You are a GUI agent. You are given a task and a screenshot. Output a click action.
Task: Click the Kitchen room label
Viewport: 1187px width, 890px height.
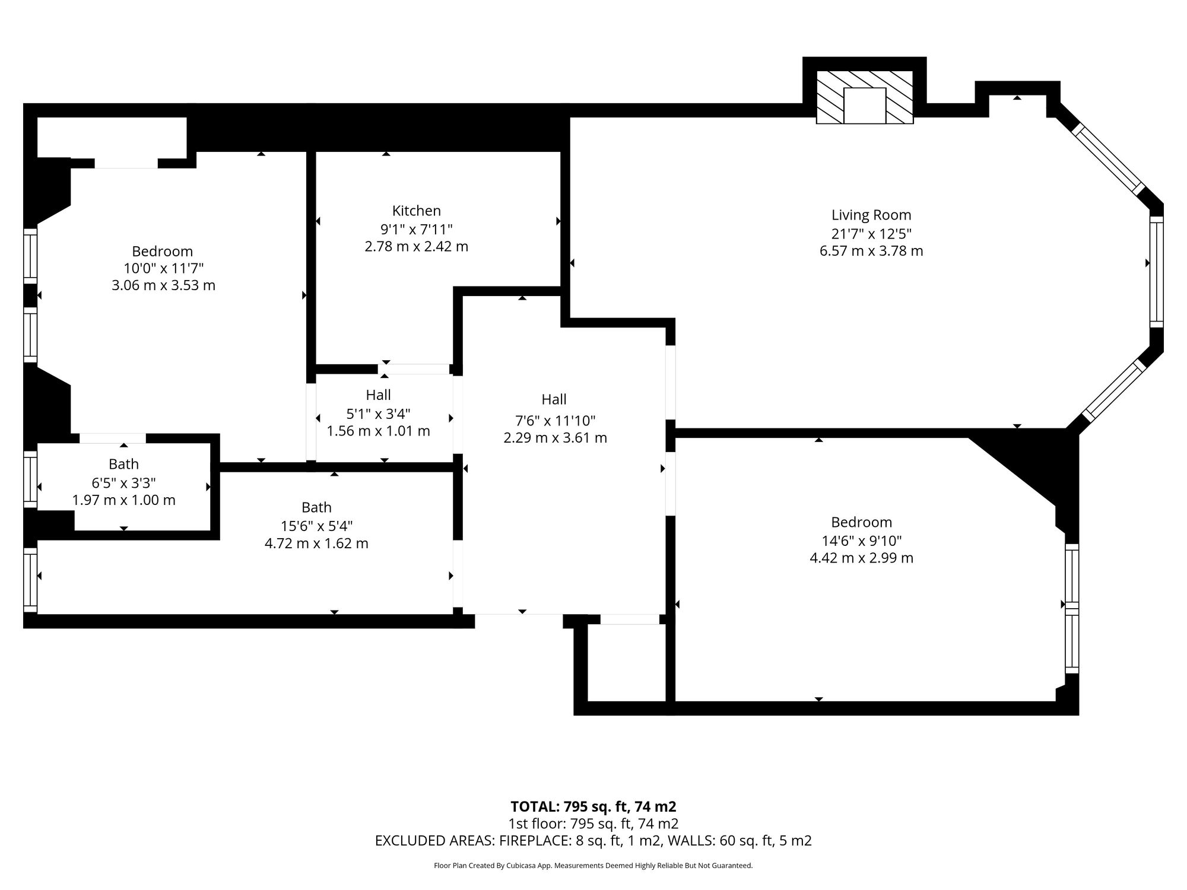(x=416, y=211)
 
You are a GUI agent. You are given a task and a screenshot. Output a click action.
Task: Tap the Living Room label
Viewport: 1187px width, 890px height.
(x=871, y=215)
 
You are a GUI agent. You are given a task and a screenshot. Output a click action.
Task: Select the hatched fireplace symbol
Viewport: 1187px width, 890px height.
(x=865, y=97)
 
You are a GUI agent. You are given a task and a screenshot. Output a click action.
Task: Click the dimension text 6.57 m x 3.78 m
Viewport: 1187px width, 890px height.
(x=871, y=251)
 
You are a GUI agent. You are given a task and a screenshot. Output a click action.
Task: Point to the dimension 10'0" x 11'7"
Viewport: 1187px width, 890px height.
(x=163, y=268)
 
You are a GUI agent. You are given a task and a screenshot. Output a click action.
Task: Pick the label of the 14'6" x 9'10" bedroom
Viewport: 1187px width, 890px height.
(x=861, y=522)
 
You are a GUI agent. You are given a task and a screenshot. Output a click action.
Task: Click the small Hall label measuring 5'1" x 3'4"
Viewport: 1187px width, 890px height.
(x=378, y=395)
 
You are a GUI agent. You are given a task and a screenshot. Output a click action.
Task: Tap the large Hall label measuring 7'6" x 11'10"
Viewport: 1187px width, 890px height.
(x=554, y=399)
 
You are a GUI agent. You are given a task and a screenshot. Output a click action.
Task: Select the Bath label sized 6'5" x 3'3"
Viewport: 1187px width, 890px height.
(x=123, y=464)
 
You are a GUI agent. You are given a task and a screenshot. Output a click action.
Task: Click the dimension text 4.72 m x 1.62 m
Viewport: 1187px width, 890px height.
(x=316, y=543)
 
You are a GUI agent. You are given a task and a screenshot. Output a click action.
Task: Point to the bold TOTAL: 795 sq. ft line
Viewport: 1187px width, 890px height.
(x=593, y=806)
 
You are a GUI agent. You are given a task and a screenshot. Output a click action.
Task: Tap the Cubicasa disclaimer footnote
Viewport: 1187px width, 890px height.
(x=593, y=866)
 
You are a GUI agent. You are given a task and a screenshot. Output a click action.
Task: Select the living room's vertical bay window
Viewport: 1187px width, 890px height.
(x=1156, y=271)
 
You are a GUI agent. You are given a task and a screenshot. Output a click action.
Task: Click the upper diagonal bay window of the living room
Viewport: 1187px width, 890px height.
(x=1109, y=159)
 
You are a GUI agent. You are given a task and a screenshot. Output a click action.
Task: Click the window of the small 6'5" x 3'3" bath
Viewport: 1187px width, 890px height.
(x=30, y=479)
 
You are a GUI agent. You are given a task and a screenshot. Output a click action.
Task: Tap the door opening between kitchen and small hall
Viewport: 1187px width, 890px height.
(x=414, y=369)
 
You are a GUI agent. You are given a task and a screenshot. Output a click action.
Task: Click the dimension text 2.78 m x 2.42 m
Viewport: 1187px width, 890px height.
(x=416, y=246)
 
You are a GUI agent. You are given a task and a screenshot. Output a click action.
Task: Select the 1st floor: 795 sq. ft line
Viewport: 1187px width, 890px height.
(x=593, y=824)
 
